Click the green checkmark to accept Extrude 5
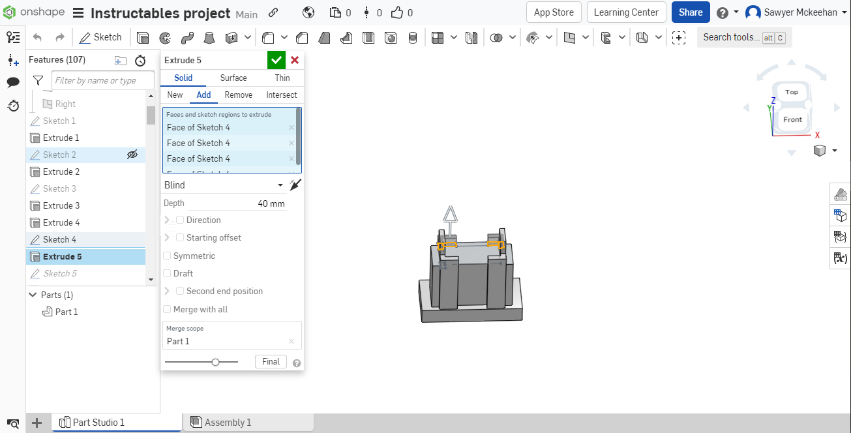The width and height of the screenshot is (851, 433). click(x=276, y=60)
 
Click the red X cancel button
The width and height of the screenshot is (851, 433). click(x=295, y=60)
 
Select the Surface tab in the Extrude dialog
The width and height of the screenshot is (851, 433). click(x=233, y=78)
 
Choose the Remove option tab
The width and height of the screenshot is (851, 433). click(x=238, y=95)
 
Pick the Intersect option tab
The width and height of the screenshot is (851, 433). click(x=282, y=95)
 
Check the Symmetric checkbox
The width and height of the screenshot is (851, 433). click(x=167, y=256)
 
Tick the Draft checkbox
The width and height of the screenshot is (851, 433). click(x=167, y=273)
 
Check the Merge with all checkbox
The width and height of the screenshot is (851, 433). click(x=167, y=309)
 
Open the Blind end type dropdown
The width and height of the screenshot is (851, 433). click(x=224, y=185)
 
